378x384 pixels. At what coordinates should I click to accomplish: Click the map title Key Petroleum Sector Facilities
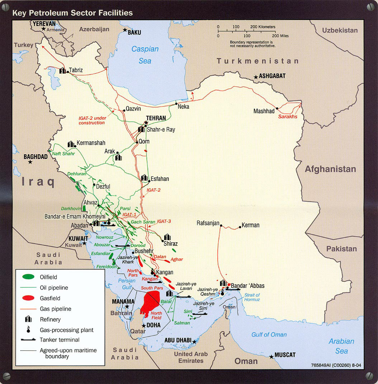[x=73, y=13]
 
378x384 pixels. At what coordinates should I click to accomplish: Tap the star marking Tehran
[x=146, y=123]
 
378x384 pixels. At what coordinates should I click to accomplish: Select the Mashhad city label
[x=264, y=111]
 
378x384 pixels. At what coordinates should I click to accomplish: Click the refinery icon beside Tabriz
[x=63, y=70]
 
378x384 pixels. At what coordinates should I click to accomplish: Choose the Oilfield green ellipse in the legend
[x=28, y=277]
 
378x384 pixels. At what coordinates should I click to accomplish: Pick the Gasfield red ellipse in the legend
[x=28, y=298]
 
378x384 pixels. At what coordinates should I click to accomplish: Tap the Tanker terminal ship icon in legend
[x=28, y=339]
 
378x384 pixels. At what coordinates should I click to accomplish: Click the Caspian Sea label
[x=145, y=55]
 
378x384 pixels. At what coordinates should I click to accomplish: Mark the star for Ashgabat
[x=256, y=77]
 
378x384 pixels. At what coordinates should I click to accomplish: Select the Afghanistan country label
[x=330, y=169]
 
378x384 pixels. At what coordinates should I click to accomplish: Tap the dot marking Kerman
[x=240, y=227]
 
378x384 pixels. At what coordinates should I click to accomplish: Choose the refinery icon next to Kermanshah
[x=71, y=144]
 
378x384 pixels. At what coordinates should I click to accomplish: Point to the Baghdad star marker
[x=30, y=162]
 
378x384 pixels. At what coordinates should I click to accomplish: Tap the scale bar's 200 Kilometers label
[x=263, y=27]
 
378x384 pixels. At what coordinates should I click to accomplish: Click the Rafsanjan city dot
[x=221, y=226]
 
